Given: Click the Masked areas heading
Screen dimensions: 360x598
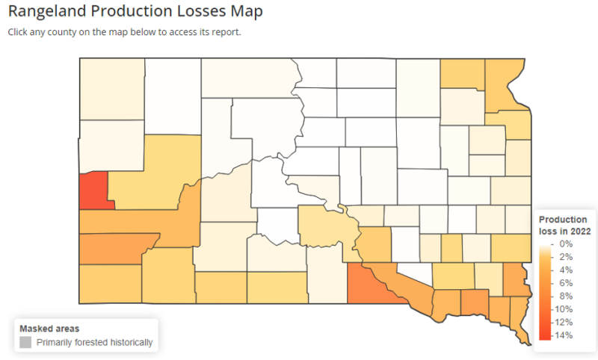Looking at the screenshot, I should (x=49, y=329).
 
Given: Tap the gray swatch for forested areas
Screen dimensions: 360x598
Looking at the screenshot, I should (x=25, y=343).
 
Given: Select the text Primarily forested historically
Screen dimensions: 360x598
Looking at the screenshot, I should (x=94, y=343).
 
